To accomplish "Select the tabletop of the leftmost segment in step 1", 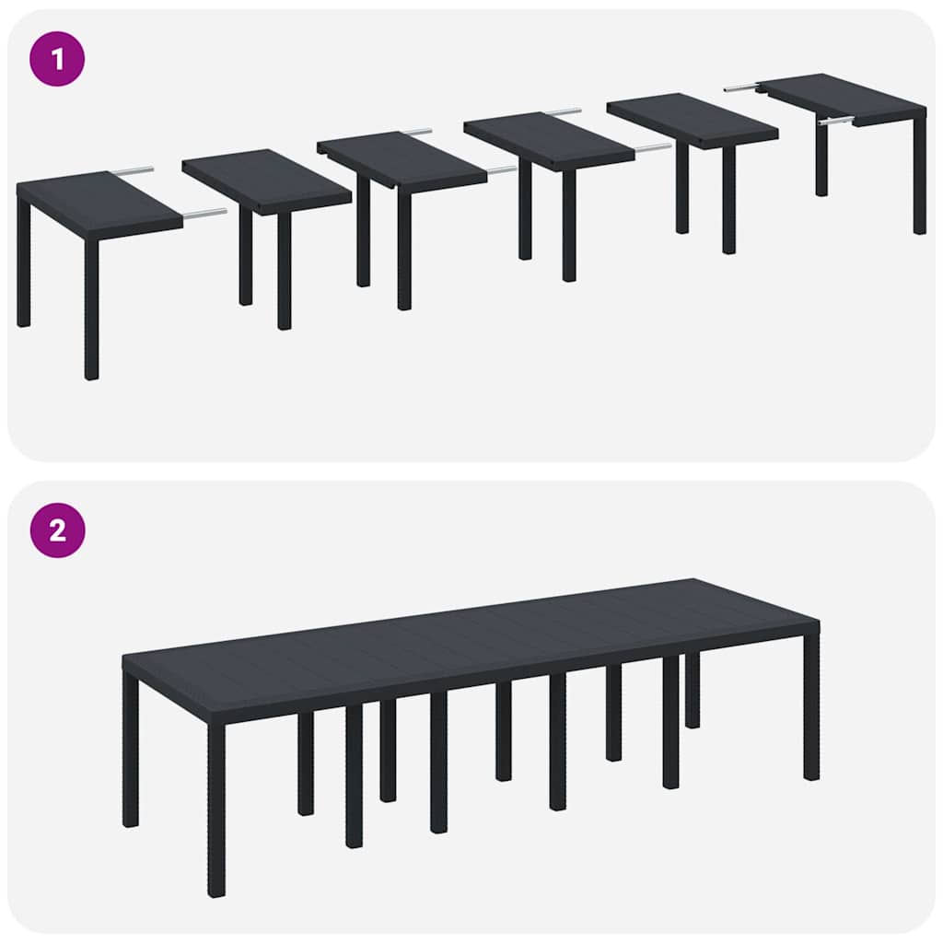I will (x=97, y=202).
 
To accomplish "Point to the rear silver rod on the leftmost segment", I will (x=132, y=170).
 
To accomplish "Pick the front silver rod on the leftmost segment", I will (x=204, y=214).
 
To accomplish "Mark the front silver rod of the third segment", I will (x=502, y=169).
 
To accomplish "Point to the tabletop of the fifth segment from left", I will (x=691, y=118).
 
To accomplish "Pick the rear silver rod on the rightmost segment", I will (x=740, y=87).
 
